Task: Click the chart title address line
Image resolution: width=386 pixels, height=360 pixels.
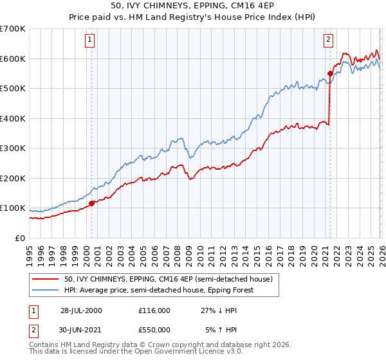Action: click(193, 8)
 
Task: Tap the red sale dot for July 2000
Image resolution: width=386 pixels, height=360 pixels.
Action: click(92, 203)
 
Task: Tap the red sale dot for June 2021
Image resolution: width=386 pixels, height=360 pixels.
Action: click(330, 73)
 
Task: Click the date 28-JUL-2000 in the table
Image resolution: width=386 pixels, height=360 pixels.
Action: click(81, 310)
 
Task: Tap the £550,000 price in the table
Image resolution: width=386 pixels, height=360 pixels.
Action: click(154, 330)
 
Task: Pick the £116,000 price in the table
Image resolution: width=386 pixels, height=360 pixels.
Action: click(154, 310)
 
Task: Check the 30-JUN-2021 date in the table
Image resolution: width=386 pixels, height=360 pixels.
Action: click(81, 330)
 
